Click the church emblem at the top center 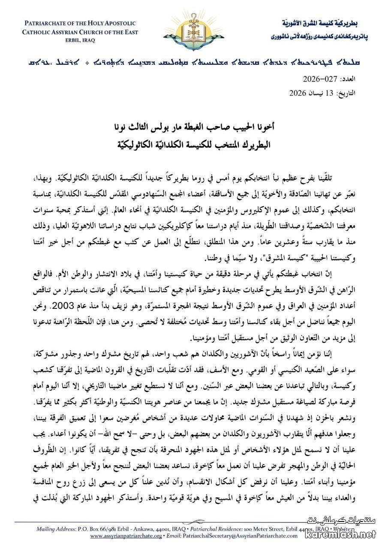pyautogui.click(x=194, y=27)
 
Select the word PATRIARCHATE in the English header pyautogui.click(x=45, y=23)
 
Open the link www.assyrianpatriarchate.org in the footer pyautogui.click(x=126, y=536)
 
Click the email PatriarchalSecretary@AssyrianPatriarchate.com pyautogui.click(x=240, y=536)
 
